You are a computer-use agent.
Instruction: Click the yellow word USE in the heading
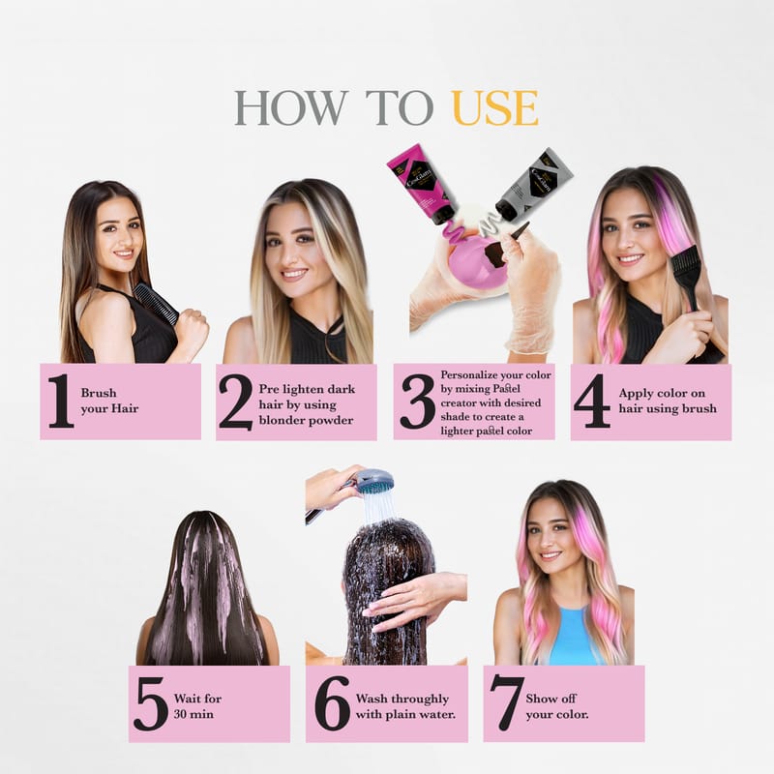[494, 107]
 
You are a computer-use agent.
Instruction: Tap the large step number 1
[61, 401]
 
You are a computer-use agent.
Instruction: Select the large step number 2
[235, 402]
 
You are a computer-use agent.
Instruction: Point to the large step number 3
[418, 402]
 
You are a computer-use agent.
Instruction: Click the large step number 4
[592, 401]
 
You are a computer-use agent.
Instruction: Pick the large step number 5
[151, 704]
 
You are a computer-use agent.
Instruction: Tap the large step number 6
[332, 703]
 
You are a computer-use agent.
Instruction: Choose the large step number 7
[506, 703]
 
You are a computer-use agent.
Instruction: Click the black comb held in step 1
[157, 303]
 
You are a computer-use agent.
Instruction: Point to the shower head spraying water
[375, 480]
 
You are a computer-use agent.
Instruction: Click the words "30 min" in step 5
[194, 714]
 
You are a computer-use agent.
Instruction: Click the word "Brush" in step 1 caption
[99, 393]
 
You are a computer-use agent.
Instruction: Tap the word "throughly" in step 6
[419, 700]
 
